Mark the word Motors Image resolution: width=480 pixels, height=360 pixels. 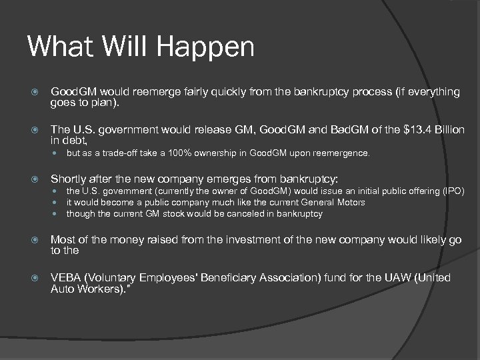pyautogui.click(x=350, y=203)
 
